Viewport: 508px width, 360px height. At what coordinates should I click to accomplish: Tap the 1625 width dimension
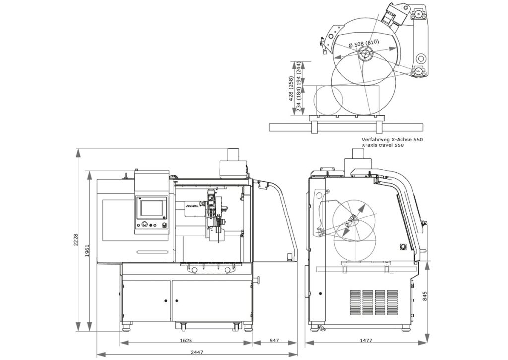click(x=186, y=341)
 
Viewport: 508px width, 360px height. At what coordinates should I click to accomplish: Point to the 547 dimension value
click(x=274, y=341)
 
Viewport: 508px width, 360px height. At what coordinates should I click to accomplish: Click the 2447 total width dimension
click(x=197, y=352)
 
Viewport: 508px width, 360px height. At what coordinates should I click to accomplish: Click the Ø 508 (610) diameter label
click(x=364, y=43)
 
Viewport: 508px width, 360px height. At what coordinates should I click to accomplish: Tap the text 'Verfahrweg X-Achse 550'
click(x=392, y=140)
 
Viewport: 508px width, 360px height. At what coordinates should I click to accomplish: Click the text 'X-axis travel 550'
click(x=383, y=146)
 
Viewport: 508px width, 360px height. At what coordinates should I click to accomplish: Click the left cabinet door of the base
click(x=146, y=300)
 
